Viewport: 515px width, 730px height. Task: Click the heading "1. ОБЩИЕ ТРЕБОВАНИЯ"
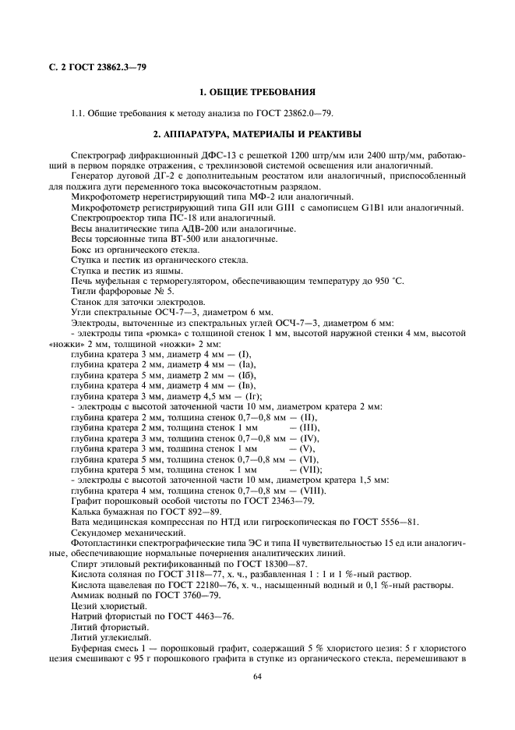[256, 92]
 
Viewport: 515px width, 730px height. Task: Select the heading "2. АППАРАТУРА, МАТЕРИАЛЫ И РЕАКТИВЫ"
[256, 134]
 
